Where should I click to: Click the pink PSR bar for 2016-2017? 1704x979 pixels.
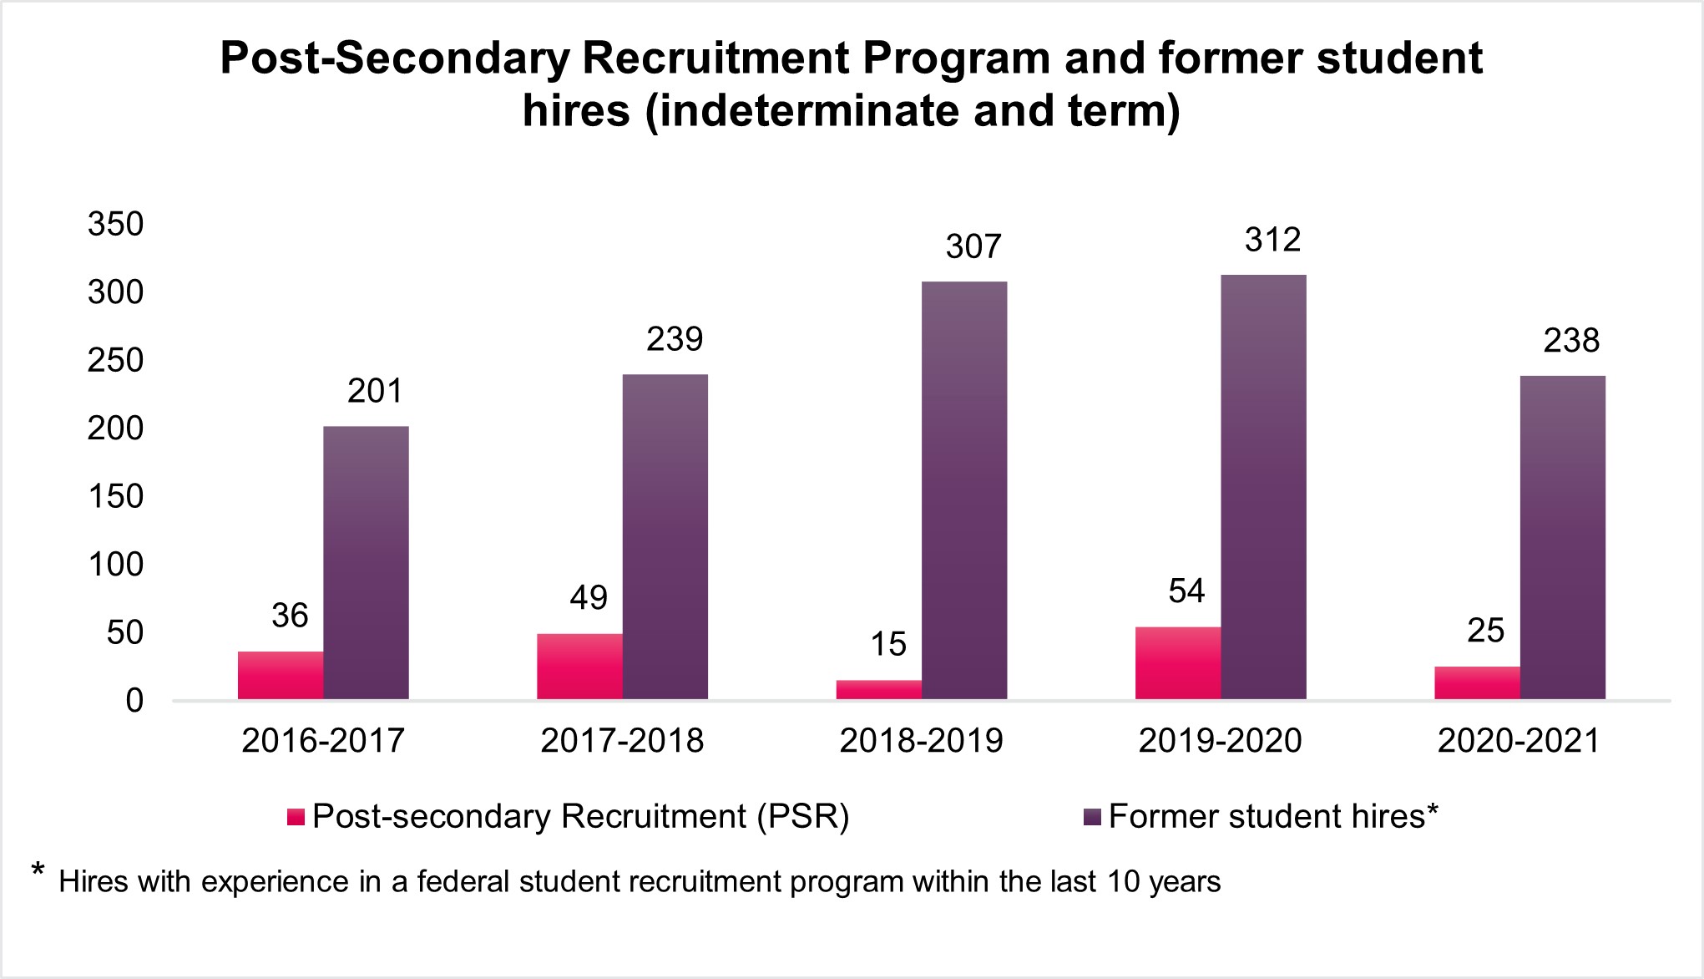281,675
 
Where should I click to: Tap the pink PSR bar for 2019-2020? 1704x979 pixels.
1178,662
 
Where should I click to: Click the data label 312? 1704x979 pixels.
1272,241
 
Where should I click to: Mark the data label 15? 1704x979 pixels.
887,644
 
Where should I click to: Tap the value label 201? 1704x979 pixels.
375,391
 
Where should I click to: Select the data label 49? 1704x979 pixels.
589,598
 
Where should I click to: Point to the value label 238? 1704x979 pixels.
1571,341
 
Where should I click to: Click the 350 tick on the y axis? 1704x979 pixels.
116,225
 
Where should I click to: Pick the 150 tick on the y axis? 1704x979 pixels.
116,497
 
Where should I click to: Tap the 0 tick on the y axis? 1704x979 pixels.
134,701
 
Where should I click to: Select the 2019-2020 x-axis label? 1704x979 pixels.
1220,741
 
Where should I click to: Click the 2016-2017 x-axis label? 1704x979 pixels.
323,741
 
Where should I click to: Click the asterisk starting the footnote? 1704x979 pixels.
38,872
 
